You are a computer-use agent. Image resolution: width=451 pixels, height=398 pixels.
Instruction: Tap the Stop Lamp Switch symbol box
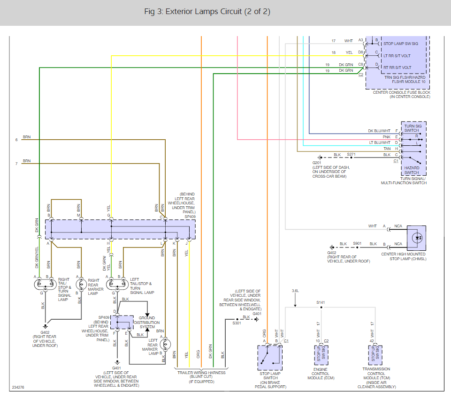(270, 358)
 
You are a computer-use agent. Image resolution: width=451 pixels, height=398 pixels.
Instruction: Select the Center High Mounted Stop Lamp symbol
(416, 238)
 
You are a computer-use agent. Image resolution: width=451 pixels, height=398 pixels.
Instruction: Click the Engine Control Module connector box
(321, 355)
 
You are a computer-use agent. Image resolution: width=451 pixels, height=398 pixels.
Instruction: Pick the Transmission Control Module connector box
(375, 355)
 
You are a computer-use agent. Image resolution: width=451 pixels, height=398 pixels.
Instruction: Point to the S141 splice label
(321, 302)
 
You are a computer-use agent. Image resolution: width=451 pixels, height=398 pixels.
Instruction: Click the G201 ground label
(317, 163)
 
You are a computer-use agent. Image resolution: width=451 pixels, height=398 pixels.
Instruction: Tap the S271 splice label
(351, 154)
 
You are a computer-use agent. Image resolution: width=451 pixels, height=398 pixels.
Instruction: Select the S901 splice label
(357, 243)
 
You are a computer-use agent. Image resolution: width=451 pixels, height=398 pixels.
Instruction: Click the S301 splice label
(237, 323)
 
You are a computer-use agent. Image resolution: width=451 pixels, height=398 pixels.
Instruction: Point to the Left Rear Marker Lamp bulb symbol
(165, 344)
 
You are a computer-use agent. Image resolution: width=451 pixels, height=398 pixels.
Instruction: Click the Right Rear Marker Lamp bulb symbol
(81, 285)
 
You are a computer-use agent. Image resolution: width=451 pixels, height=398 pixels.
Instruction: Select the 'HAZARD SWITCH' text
(412, 170)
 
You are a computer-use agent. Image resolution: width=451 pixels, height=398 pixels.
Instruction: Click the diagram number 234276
(18, 387)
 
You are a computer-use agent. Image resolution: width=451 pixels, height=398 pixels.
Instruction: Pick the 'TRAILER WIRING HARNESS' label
(201, 373)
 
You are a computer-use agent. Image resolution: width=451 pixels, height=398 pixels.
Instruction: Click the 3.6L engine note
(295, 291)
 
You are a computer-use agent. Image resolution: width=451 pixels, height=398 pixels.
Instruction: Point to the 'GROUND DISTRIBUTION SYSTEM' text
(147, 323)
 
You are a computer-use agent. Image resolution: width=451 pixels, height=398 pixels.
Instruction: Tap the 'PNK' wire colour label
(387, 137)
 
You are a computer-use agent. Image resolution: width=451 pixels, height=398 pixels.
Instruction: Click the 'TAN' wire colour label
(387, 149)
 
